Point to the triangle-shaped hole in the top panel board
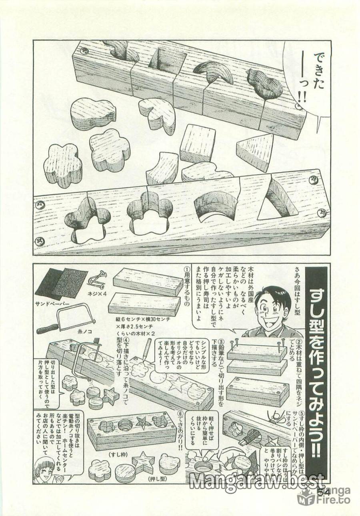[x=276, y=200]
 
